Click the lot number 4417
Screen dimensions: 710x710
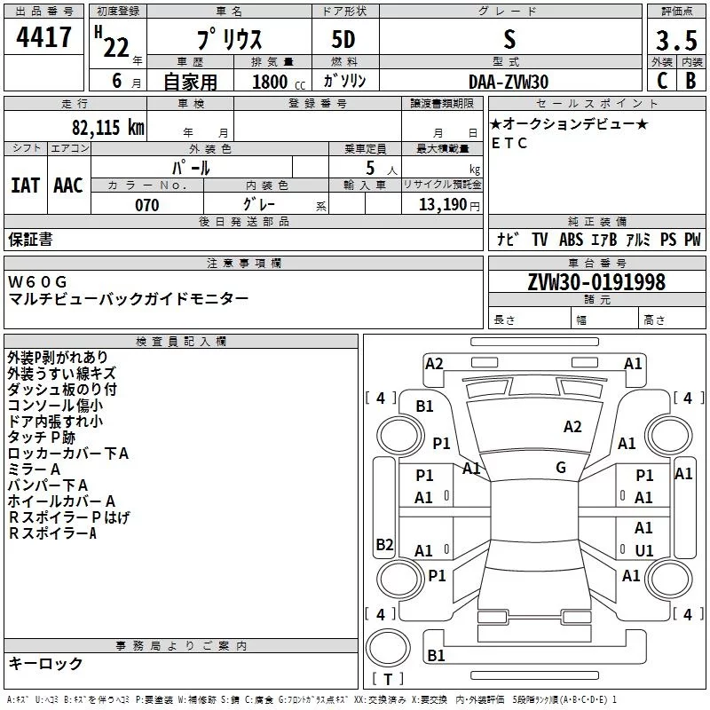point(43,38)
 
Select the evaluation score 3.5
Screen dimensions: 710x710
point(675,41)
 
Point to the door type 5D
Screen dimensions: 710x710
point(344,40)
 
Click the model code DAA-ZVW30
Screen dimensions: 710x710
point(509,82)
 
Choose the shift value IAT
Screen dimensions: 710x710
point(25,185)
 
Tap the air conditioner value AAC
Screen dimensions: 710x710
point(68,185)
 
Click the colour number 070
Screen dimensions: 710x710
point(146,205)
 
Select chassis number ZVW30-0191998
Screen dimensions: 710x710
point(596,283)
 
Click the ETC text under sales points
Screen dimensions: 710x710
point(509,143)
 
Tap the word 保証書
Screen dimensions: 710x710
point(30,239)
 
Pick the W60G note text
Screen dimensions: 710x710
point(37,282)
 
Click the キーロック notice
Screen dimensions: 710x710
point(45,664)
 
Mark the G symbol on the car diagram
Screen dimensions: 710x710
point(561,468)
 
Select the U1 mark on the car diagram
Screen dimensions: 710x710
point(644,550)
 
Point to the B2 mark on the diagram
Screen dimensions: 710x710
point(384,544)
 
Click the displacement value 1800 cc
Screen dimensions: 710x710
point(278,82)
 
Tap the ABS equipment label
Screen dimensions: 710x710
point(572,239)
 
